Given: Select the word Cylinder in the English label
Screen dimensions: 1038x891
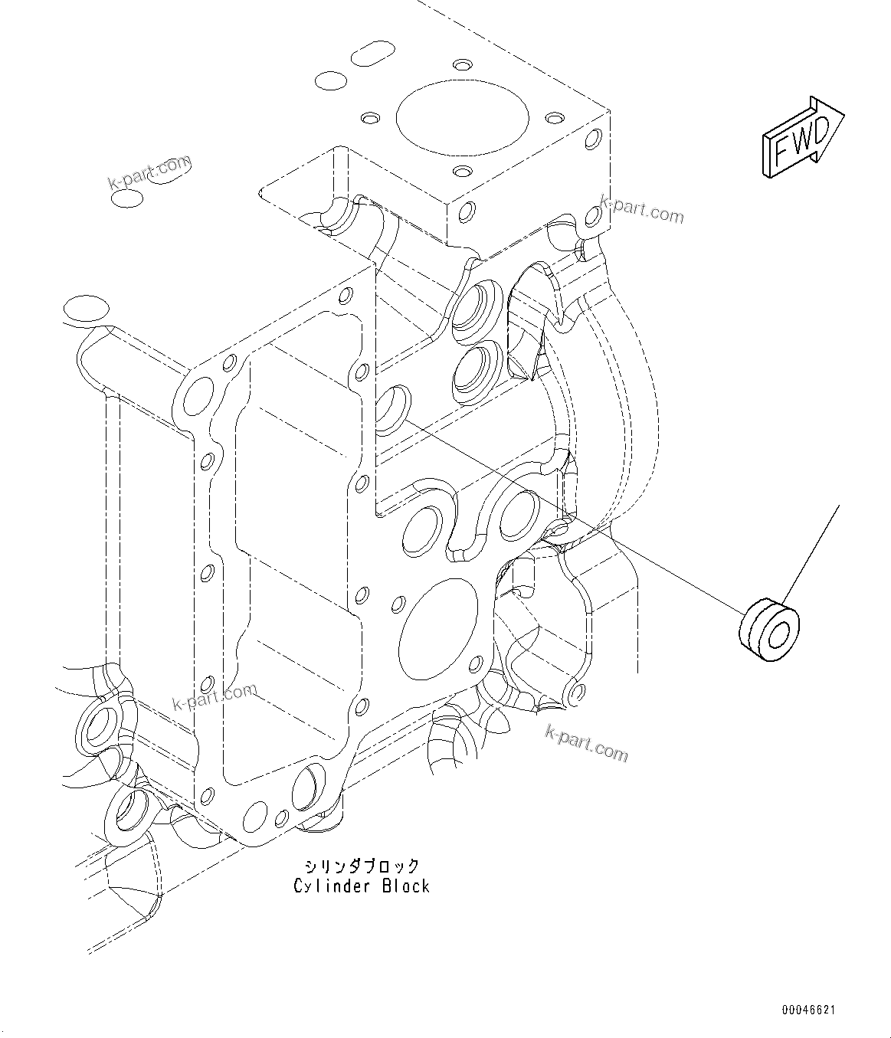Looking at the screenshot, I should pos(330,886).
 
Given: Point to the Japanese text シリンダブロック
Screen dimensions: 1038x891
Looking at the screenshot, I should pos(362,866).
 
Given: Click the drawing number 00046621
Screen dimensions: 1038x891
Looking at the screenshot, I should pos(808,1010).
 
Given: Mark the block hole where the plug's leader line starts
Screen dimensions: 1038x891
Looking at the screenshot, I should pos(394,408).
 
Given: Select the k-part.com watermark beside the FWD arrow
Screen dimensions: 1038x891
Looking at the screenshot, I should pos(641,209).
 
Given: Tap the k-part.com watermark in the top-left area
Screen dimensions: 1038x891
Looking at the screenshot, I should pos(149,173).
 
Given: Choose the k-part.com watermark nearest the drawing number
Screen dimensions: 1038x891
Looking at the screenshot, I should pos(586,745).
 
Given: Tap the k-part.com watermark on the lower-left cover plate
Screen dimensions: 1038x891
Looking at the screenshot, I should pos(215,697).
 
